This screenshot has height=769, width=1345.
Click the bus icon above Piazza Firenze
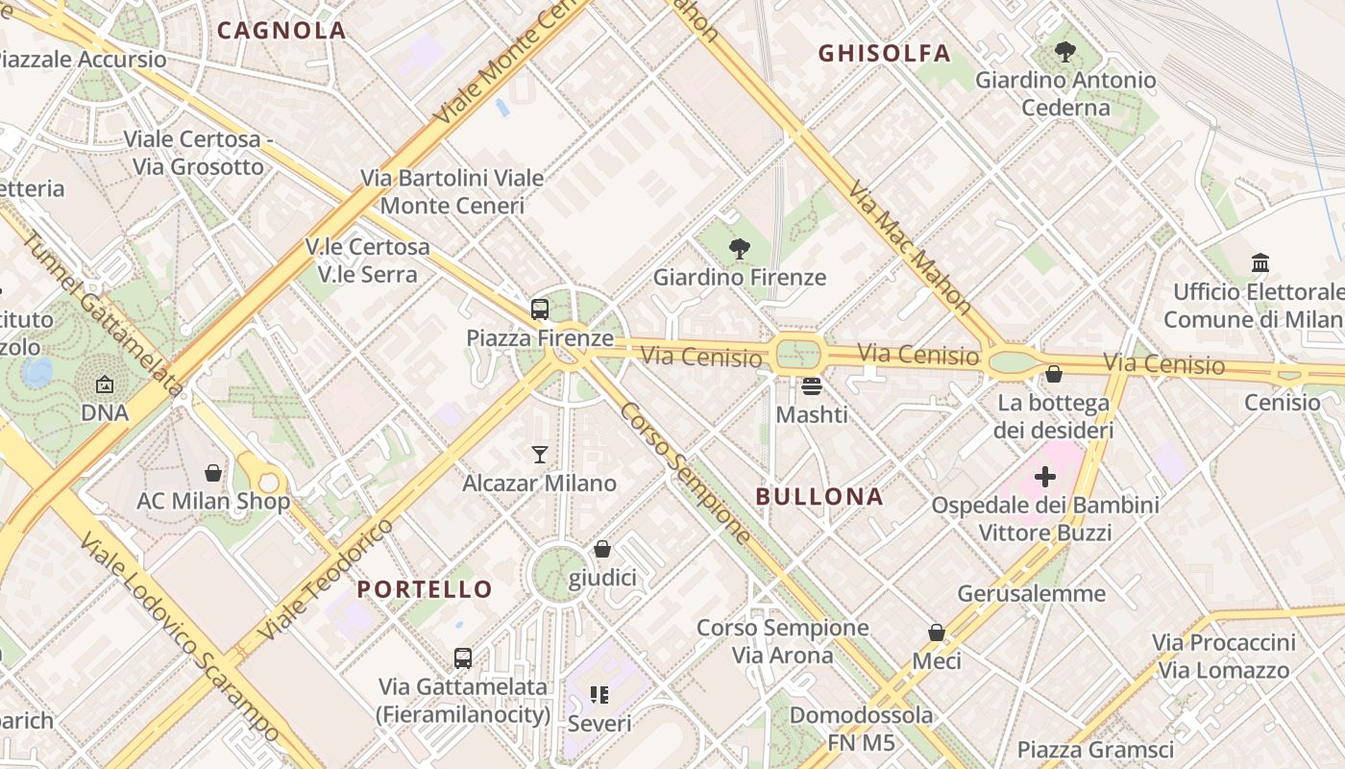pos(540,310)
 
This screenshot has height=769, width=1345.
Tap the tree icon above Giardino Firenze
pos(739,249)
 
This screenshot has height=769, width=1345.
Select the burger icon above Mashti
pos(812,386)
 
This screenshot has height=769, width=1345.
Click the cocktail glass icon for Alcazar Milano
pos(540,455)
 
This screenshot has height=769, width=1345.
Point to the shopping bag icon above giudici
pos(602,549)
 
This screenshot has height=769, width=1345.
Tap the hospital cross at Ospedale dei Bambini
pos(1044,477)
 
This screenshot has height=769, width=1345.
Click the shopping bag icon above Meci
pos(937,633)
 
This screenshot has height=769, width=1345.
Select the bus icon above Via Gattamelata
pos(463,658)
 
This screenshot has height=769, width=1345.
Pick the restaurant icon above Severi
pos(599,694)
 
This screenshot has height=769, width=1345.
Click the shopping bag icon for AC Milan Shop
pos(213,473)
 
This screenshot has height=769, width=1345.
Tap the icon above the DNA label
pos(105,385)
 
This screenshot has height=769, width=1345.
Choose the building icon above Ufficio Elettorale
pos(1260,262)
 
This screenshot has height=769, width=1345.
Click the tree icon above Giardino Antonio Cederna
pos(1064,52)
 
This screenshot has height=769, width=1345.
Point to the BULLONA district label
pos(819,497)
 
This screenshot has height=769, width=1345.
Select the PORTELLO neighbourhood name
pos(425,589)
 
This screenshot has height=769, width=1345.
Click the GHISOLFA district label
pos(884,54)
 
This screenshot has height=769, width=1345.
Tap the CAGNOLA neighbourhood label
pos(281,30)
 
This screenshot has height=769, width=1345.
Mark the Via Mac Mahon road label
pos(911,248)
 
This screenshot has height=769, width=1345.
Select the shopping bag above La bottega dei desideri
pos(1054,374)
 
